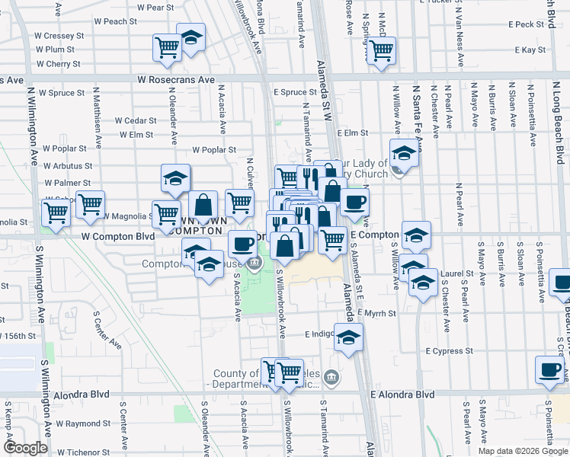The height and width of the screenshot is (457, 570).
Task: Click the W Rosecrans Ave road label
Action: click(176, 79)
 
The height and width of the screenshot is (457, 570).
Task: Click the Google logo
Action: click(25, 448)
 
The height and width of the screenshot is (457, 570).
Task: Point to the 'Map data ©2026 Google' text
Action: click(522, 451)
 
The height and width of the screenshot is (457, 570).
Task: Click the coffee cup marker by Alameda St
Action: click(354, 203)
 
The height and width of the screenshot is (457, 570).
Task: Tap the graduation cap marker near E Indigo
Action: click(348, 337)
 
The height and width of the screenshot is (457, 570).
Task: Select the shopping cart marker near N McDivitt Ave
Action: click(381, 50)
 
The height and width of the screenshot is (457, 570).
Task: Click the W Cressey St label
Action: click(59, 36)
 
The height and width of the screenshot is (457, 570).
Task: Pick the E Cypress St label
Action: click(450, 351)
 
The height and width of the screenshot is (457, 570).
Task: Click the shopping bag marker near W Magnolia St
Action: click(203, 204)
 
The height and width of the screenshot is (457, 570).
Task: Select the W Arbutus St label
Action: click(68, 165)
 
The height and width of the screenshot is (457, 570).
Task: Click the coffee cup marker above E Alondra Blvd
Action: click(549, 370)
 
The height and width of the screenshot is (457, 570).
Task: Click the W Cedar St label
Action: click(136, 120)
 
